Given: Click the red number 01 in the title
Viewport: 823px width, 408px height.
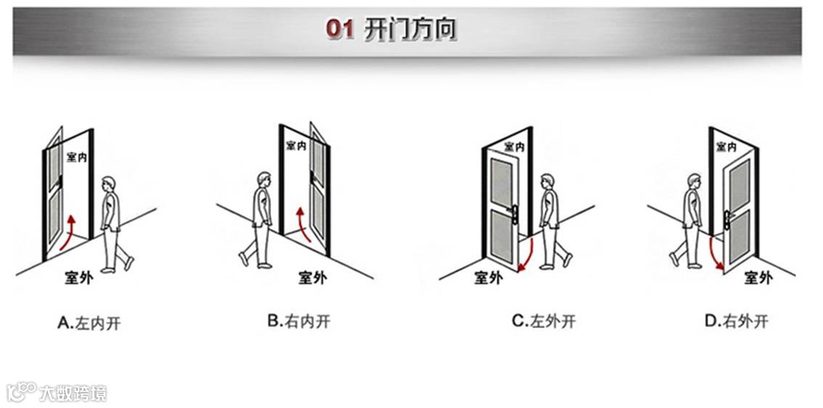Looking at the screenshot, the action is coord(339,29).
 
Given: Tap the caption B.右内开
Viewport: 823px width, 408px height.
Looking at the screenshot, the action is coord(299,321).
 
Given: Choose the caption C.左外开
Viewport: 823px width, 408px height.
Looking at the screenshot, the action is coord(543,321).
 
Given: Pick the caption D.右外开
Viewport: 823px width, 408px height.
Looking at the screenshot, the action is coord(736,321).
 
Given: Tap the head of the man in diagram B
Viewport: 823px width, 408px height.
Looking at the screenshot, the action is coord(264,179).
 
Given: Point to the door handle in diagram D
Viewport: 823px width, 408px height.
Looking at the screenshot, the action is coord(726,216).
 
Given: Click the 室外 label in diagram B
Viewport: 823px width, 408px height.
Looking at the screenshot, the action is coord(312,277).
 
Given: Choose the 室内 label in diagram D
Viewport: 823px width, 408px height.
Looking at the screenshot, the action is coord(726,147).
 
